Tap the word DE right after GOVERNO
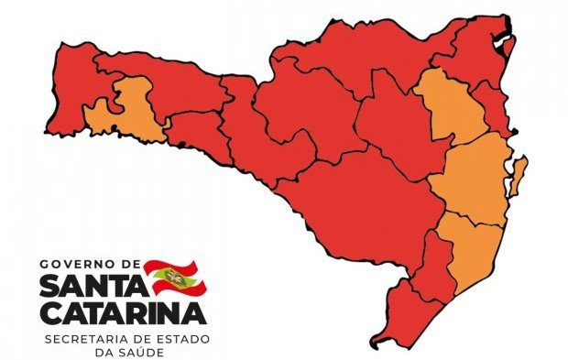coord(128,264)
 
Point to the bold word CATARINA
coord(125,314)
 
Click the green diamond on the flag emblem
coord(170,275)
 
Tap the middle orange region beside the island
coord(472,179)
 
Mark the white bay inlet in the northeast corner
coord(503,41)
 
